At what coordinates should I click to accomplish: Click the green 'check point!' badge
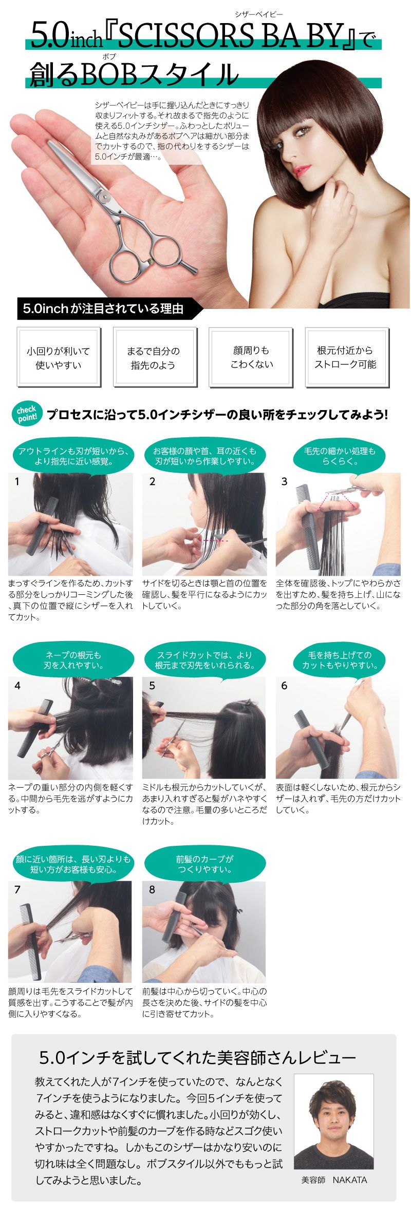click(x=27, y=414)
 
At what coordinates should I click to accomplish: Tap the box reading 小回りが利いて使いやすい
click(x=59, y=358)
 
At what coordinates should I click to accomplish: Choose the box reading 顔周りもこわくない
click(x=251, y=357)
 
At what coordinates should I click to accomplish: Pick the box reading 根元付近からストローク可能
click(x=347, y=357)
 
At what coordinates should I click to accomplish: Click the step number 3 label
click(x=284, y=481)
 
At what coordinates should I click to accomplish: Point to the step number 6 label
click(x=284, y=686)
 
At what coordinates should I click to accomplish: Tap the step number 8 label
click(x=152, y=889)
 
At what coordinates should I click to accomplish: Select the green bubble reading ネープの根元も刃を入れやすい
click(x=73, y=660)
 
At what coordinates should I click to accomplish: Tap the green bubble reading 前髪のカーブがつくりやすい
click(x=205, y=864)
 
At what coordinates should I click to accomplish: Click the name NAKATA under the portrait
click(x=349, y=1180)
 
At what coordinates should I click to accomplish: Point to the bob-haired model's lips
click(x=303, y=168)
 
